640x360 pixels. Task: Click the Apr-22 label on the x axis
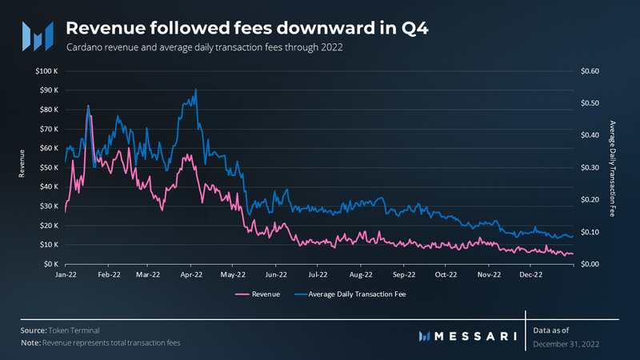coord(190,274)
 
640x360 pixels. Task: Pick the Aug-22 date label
coord(362,274)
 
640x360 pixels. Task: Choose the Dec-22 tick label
coord(531,274)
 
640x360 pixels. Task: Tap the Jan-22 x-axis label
coord(66,274)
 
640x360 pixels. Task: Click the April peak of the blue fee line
coord(195,90)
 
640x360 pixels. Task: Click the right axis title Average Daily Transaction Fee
coord(612,167)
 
